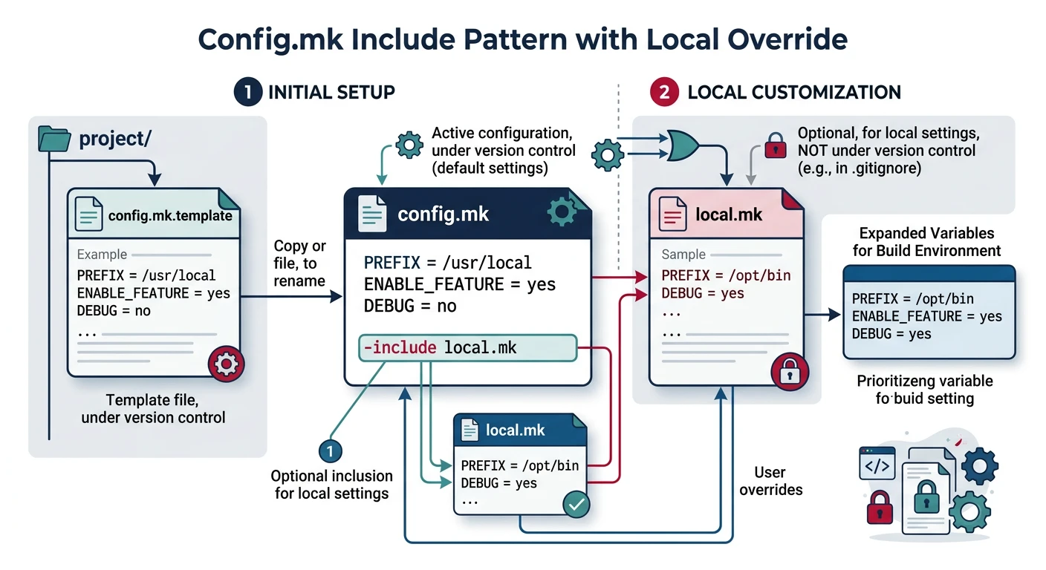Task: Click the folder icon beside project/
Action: pos(54,139)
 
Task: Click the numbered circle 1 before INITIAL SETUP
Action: pos(247,92)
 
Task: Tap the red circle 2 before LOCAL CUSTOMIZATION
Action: pos(663,92)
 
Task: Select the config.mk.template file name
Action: pos(170,216)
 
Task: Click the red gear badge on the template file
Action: pos(226,364)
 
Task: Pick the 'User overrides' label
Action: pos(770,481)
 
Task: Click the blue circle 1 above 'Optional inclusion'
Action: pos(330,450)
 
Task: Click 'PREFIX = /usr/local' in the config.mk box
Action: pos(447,263)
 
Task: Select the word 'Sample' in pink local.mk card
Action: pos(683,254)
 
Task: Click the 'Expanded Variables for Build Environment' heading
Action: pos(926,242)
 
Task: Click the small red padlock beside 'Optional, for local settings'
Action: pos(776,145)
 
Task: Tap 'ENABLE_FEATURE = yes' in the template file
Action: pos(154,293)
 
